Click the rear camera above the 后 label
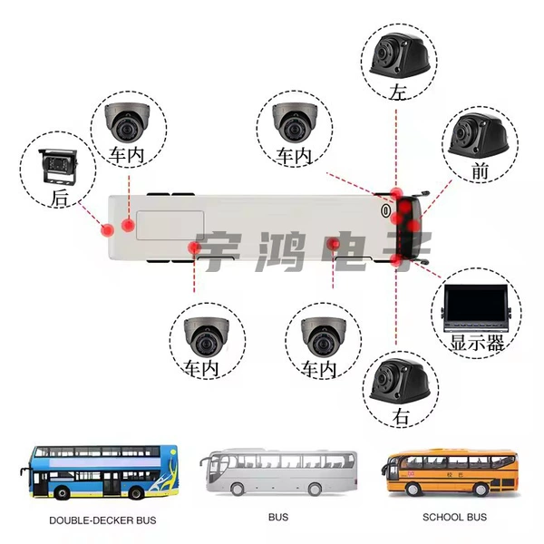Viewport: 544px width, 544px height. coord(58,167)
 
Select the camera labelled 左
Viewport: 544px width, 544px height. coord(400,54)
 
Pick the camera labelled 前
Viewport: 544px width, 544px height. coord(479,134)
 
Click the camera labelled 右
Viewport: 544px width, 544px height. coord(400,381)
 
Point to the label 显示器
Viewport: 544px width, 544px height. coord(477,343)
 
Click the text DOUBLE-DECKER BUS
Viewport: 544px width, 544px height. coord(102,520)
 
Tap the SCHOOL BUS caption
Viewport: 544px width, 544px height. coord(454,518)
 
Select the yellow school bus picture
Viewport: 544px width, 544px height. coord(450,473)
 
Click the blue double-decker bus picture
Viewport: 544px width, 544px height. coord(100,471)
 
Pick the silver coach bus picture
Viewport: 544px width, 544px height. coord(278,471)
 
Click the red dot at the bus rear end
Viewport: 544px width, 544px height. coord(107,230)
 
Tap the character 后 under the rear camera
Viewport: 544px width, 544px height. coord(60,198)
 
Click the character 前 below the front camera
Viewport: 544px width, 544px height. coord(480,170)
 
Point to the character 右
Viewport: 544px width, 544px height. coord(401,416)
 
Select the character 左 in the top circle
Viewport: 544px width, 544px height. coord(398,92)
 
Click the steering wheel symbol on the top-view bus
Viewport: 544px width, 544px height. coord(385,210)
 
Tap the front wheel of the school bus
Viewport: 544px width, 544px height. coord(413,489)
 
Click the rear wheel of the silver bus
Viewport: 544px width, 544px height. coord(315,489)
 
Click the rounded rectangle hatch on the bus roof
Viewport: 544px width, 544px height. coord(170,225)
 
